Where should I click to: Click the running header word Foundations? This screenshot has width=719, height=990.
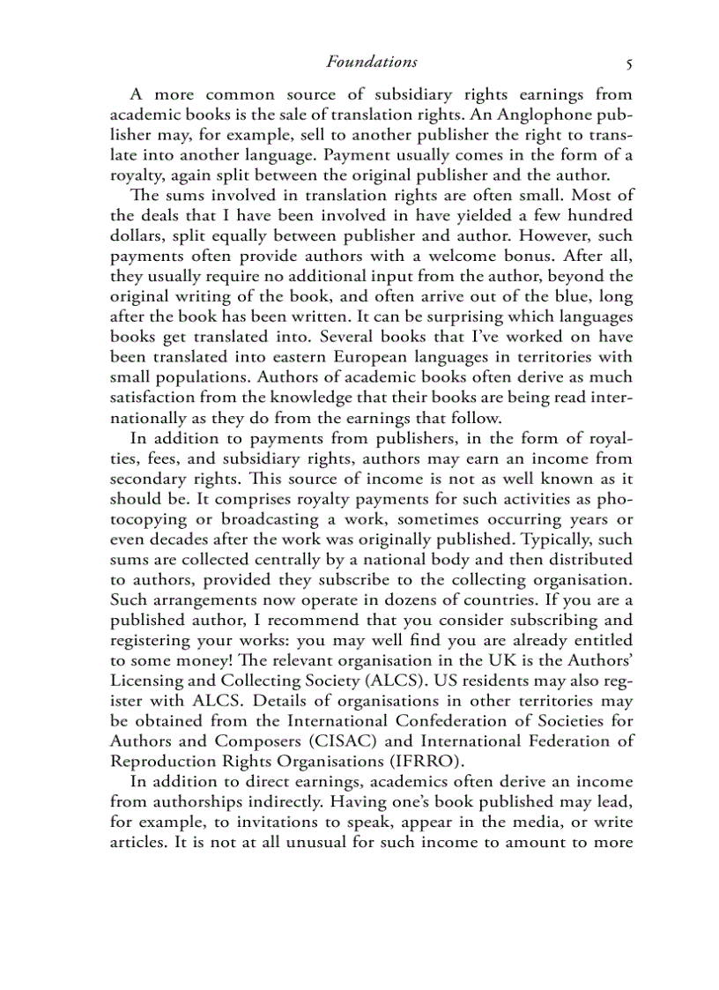pyautogui.click(x=371, y=62)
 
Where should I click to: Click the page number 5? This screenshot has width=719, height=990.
pyautogui.click(x=628, y=63)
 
